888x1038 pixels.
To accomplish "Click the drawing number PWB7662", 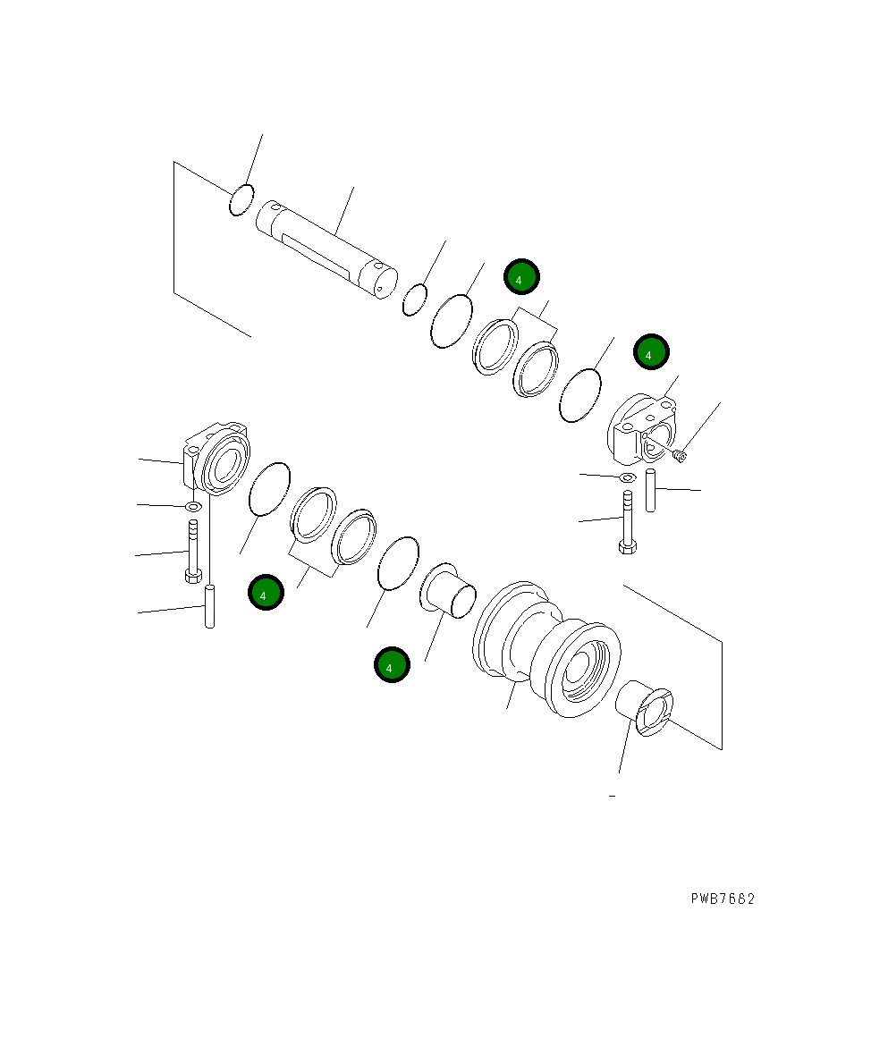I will (x=722, y=899).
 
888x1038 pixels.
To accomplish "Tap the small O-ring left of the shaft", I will (x=241, y=200).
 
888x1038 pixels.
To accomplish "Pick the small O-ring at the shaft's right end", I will (x=413, y=300).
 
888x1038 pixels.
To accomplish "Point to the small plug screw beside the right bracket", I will (x=681, y=457).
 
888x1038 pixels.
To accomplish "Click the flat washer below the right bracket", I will (x=627, y=478).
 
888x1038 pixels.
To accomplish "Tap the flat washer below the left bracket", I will (x=193, y=507).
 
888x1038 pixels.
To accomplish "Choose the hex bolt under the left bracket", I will (x=191, y=553).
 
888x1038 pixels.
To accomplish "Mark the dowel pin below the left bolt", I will (x=210, y=605).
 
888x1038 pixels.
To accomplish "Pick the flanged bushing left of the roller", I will (x=450, y=590).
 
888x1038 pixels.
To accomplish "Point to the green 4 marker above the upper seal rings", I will (x=520, y=278).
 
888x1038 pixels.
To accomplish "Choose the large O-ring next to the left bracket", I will (x=269, y=489).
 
